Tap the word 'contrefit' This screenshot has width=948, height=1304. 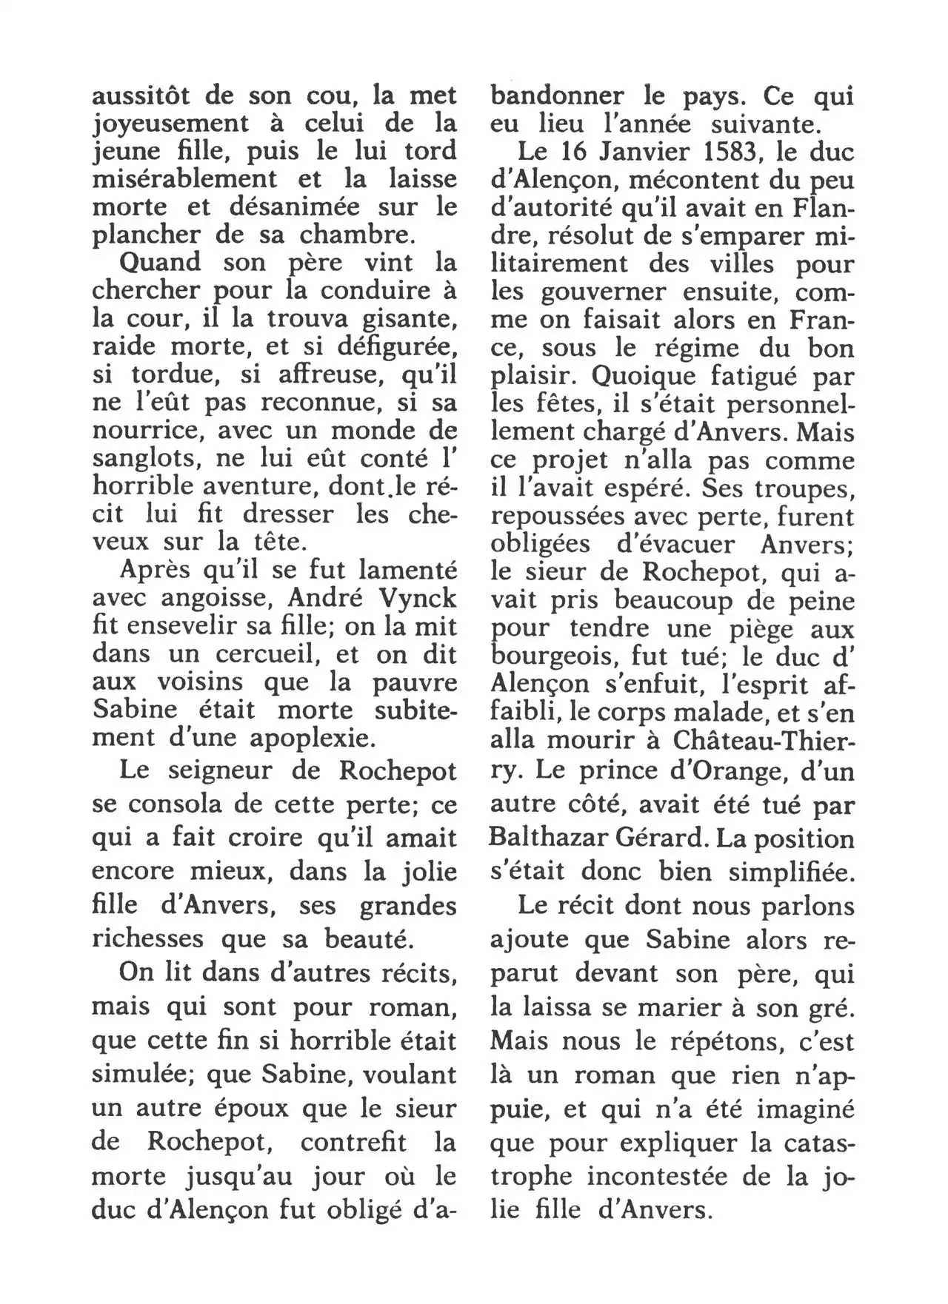click(353, 1142)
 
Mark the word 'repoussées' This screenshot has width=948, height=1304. click(548, 517)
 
